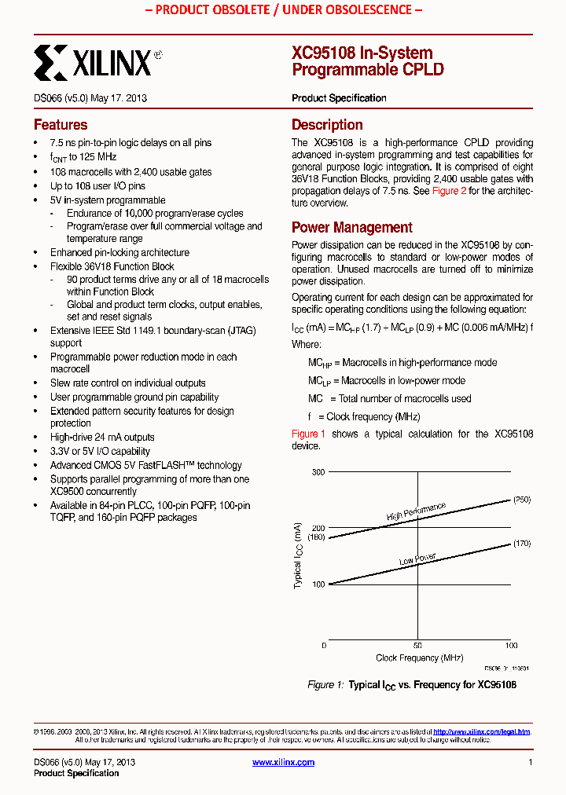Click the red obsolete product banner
point(282,10)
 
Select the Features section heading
point(61,125)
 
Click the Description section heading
point(327,125)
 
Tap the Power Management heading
point(351,228)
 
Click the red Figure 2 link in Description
point(449,191)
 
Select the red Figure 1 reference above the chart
point(308,434)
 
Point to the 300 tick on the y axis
point(318,471)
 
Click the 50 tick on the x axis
point(417,645)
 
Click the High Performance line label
point(416,512)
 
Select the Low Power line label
point(417,559)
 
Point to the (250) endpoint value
point(522,500)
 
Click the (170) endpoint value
point(522,543)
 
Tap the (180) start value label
point(316,537)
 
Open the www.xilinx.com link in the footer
point(283,762)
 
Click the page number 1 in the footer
point(531,762)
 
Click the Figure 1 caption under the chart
point(411,685)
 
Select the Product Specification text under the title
point(339,98)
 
